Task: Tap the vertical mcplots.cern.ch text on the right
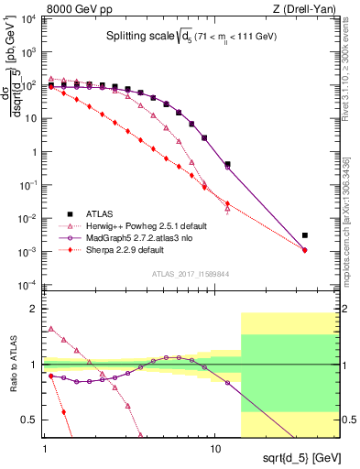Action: click(x=352, y=220)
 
